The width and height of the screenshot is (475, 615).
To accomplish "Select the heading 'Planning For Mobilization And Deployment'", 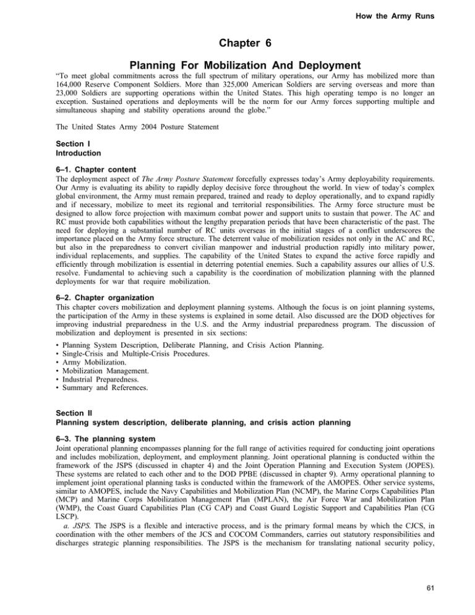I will (x=237, y=83).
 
